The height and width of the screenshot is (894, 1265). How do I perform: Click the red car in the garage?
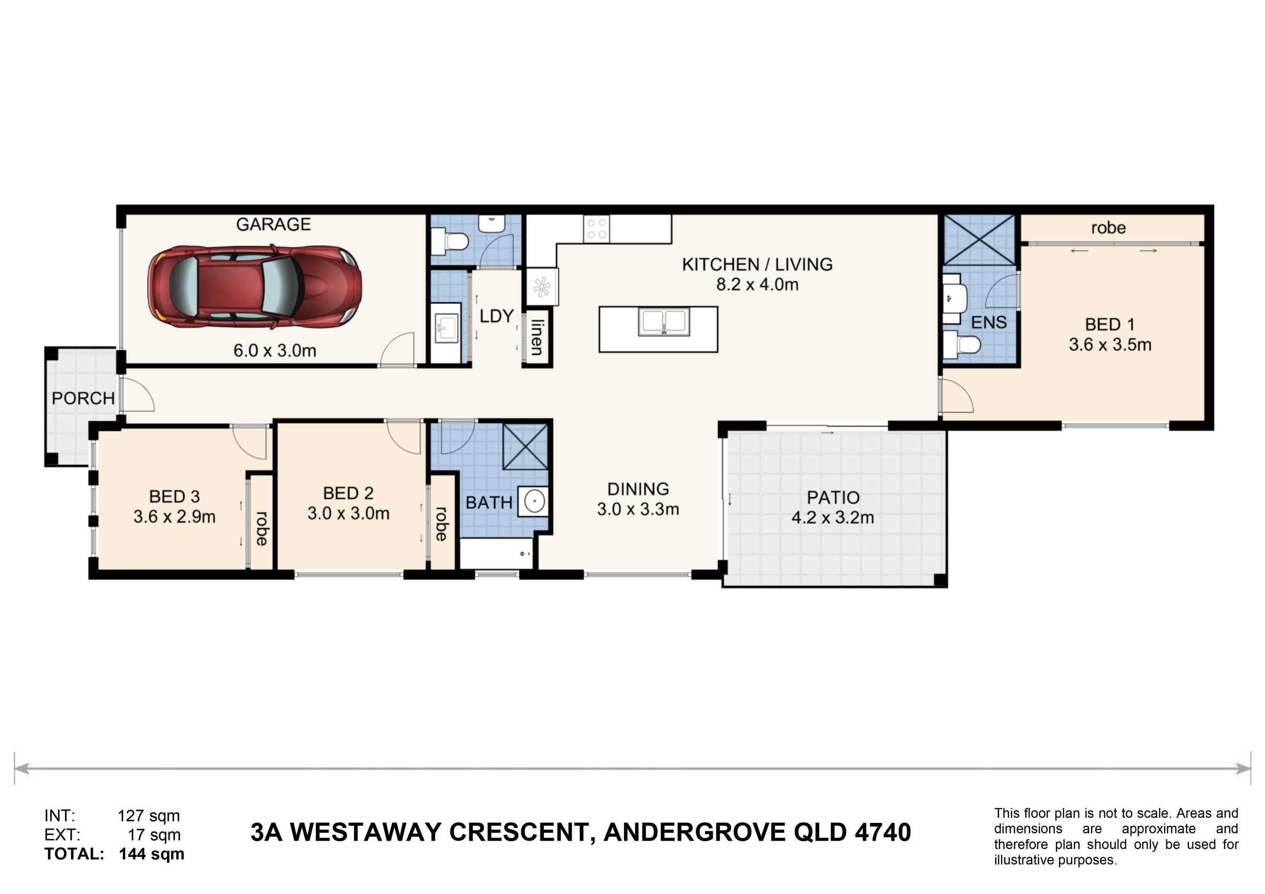point(254,287)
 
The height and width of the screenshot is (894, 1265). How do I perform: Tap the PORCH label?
point(83,398)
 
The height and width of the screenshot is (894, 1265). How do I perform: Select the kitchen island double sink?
point(664,322)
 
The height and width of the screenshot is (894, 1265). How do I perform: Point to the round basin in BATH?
point(534,502)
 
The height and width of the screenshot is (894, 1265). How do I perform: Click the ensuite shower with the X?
point(979,240)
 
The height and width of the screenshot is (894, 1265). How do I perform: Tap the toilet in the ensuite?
point(962,345)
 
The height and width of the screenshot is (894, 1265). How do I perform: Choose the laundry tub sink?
point(446,329)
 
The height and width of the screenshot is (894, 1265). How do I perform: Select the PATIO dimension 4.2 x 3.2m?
point(833,518)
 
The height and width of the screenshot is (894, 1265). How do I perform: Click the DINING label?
point(638,489)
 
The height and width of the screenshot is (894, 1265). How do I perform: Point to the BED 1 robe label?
point(1108,228)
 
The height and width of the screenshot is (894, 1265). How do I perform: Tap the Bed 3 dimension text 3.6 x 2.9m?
point(174,517)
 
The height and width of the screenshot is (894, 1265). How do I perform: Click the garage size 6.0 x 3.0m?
point(274,350)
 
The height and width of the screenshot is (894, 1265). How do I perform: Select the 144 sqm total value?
point(152,854)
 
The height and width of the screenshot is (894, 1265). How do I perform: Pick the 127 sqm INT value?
point(149,815)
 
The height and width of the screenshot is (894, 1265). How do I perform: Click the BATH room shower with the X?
point(525,446)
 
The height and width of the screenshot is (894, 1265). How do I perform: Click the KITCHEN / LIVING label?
point(757,264)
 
